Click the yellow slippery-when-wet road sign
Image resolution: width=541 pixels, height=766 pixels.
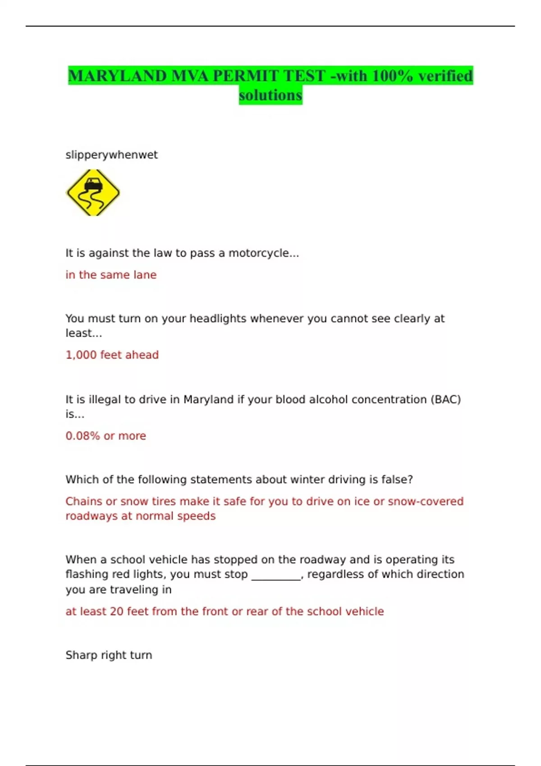click(93, 193)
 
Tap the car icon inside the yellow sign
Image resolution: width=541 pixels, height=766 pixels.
click(93, 184)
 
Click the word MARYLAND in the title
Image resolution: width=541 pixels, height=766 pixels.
click(118, 76)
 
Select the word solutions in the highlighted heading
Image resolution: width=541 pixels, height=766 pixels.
click(270, 96)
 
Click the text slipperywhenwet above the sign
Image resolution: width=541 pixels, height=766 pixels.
click(111, 155)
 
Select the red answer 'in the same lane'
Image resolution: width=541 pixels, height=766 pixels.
click(111, 275)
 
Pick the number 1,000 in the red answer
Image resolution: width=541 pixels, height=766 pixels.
click(81, 355)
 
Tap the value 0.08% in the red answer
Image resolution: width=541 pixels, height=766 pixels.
click(83, 436)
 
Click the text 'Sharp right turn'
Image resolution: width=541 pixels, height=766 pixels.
click(109, 655)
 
